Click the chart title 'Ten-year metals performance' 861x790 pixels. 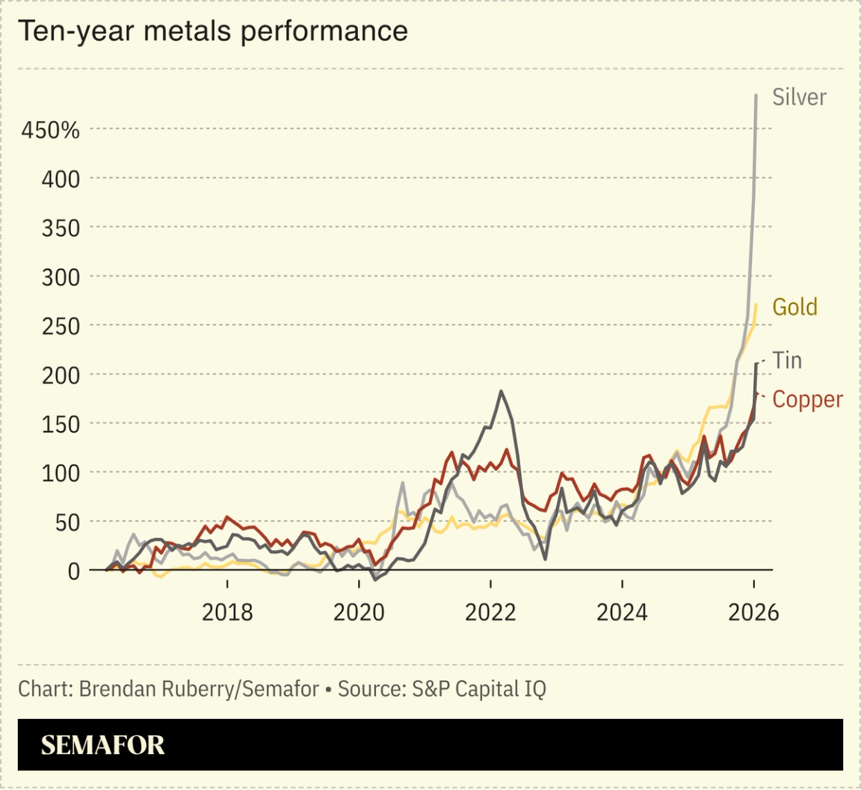coord(213,31)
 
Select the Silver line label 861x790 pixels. coord(799,97)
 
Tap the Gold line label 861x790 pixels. coord(794,307)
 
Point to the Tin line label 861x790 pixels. coord(787,360)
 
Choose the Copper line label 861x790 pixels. coord(807,399)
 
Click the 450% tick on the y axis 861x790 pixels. coord(50,130)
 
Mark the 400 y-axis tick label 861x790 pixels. coord(59,179)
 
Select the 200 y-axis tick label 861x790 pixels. coord(59,374)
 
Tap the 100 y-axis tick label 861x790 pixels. coord(59,472)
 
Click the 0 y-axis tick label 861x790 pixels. coord(72,571)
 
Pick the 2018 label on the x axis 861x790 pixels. coord(227,612)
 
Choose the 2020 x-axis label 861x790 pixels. coord(359,612)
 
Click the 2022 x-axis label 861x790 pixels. coord(490,612)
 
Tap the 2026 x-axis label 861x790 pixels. coord(753,612)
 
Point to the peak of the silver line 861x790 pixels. coord(756,96)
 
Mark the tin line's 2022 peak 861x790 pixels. coord(501,391)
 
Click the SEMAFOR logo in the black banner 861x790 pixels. coord(102,745)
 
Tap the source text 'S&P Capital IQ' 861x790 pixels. coord(479,688)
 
